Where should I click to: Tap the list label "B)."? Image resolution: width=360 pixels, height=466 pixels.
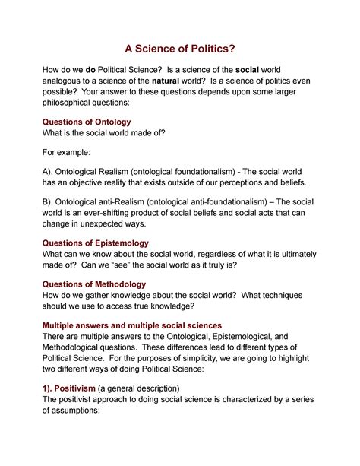click(55, 201)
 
